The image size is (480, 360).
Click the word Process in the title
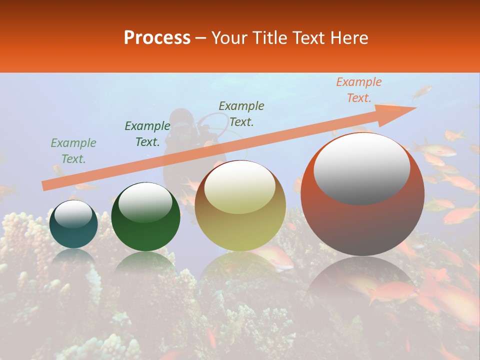click(157, 38)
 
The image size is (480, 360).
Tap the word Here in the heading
click(348, 38)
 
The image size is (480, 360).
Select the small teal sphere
click(73, 224)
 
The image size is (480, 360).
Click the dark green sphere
click(145, 217)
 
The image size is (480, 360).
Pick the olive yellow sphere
click(240, 205)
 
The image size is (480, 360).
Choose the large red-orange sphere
click(362, 195)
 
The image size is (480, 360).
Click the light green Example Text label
click(73, 151)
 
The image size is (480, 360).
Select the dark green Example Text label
click(147, 134)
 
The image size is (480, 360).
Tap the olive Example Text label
click(241, 113)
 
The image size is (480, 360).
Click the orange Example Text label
click(358, 90)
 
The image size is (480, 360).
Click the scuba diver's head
click(180, 118)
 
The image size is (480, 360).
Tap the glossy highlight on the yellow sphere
click(240, 187)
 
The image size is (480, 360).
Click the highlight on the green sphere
click(145, 201)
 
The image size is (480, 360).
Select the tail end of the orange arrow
click(45, 186)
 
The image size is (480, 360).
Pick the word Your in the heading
click(229, 38)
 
